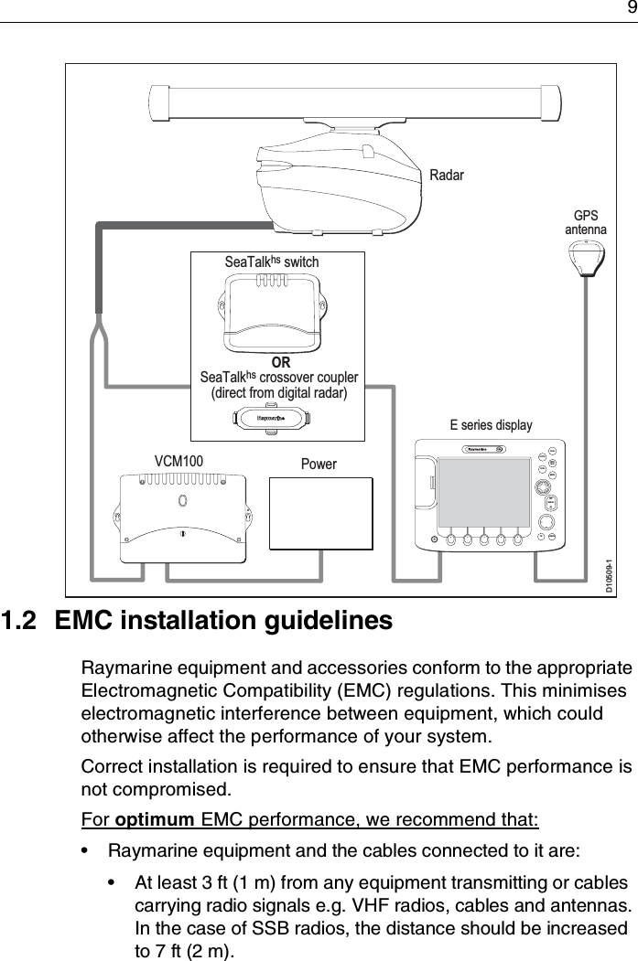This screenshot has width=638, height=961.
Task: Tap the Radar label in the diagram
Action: pyautogui.click(x=447, y=175)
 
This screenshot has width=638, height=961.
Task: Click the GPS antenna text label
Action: pyautogui.click(x=585, y=222)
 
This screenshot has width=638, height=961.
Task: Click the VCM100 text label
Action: pyautogui.click(x=178, y=462)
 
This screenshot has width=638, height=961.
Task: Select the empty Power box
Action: pyautogui.click(x=320, y=514)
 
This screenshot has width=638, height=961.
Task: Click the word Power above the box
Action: pyautogui.click(x=319, y=464)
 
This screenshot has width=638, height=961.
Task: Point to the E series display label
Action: pyautogui.click(x=491, y=425)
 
